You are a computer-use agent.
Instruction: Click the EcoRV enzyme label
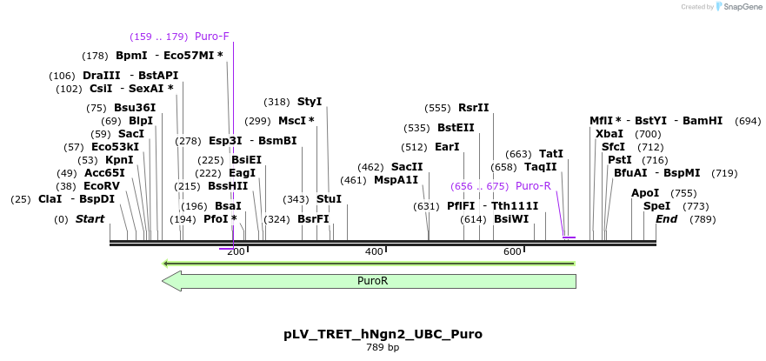102,186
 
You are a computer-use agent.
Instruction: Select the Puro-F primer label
212,37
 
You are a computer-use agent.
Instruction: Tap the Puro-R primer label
534,186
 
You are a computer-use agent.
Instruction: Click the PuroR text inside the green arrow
373,281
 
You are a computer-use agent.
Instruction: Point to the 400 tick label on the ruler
374,251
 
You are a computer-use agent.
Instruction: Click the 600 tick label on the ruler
512,251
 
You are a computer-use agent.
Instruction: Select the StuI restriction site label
330,199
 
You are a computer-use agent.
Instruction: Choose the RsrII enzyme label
473,108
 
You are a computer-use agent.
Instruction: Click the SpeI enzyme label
656,206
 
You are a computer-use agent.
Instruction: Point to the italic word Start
90,219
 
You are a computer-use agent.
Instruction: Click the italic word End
666,219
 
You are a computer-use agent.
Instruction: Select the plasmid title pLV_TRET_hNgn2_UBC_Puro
383,335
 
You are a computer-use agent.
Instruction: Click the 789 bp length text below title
383,348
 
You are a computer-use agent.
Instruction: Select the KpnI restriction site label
119,160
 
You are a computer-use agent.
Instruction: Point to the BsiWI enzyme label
511,219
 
